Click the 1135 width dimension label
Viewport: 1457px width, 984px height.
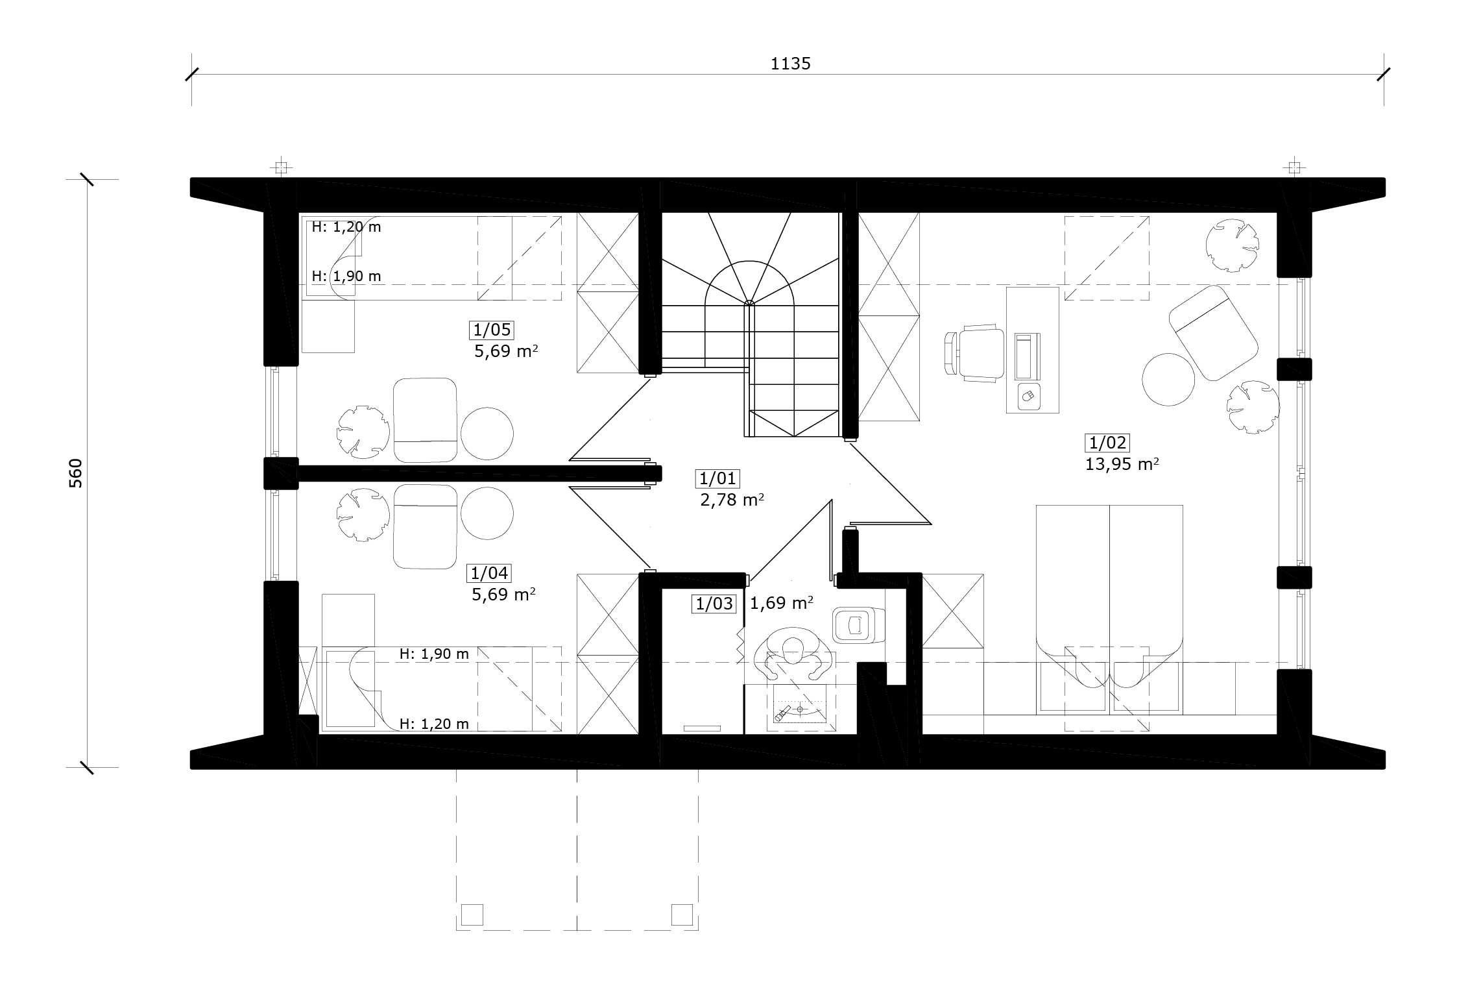[x=790, y=64]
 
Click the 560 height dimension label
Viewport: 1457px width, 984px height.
[x=76, y=473]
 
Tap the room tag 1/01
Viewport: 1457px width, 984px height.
[x=717, y=479]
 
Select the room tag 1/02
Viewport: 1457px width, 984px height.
[x=1107, y=443]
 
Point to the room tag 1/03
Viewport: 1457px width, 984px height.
[x=714, y=604]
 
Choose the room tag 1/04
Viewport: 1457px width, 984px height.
[x=489, y=574]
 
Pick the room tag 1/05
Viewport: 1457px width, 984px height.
[x=492, y=330]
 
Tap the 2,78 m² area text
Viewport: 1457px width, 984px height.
[x=732, y=500]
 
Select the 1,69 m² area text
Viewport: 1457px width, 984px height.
[x=782, y=604]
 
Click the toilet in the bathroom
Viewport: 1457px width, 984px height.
[x=858, y=625]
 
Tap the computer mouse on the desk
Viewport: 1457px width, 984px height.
[x=1027, y=395]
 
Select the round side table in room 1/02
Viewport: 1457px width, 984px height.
[x=1168, y=380]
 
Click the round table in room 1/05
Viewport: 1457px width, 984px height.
[x=487, y=434]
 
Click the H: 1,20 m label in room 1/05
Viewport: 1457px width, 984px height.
[x=346, y=227]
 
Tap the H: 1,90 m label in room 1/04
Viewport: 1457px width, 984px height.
[x=434, y=654]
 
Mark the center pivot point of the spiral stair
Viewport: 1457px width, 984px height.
[x=749, y=302]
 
